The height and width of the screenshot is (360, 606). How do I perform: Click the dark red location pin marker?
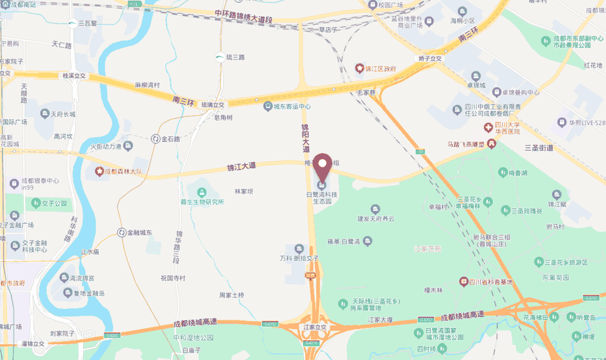[x=322, y=163]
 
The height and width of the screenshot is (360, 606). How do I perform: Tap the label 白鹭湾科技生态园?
[x=322, y=198]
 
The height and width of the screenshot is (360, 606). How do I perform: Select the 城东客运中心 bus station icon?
[x=267, y=107]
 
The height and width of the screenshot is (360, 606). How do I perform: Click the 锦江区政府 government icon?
[x=359, y=69]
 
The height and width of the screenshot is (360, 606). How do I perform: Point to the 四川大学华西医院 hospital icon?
[x=487, y=127]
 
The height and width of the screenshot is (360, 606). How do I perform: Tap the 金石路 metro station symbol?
[x=156, y=139]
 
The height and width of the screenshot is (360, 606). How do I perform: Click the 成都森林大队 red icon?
[x=98, y=172]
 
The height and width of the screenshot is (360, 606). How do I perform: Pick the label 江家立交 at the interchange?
[x=315, y=327]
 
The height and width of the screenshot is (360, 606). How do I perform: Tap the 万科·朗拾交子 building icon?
[x=299, y=248]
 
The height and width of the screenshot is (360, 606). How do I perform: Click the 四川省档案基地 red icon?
[x=464, y=282]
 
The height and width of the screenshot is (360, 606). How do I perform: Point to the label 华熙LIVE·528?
[x=587, y=122]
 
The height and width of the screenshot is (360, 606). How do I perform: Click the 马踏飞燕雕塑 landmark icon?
[x=491, y=144]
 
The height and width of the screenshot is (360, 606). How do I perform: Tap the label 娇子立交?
[x=430, y=58]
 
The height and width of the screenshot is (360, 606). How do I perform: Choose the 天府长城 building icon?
[x=44, y=113]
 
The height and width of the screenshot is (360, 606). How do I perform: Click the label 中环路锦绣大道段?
[x=243, y=16]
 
